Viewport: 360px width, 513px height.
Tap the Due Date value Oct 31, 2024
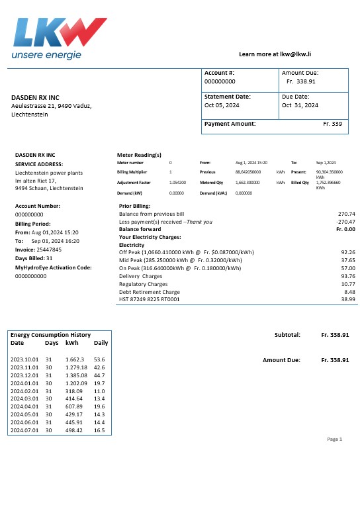pyautogui.click(x=300, y=105)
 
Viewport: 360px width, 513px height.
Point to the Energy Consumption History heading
pyautogui.click(x=50, y=335)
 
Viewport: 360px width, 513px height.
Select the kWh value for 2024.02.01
pyautogui.click(x=75, y=392)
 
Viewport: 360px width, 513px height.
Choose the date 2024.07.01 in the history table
pyautogui.click(x=24, y=430)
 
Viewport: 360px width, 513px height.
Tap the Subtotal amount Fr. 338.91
pyautogui.click(x=335, y=335)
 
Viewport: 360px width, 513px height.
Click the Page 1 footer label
pyautogui.click(x=335, y=439)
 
